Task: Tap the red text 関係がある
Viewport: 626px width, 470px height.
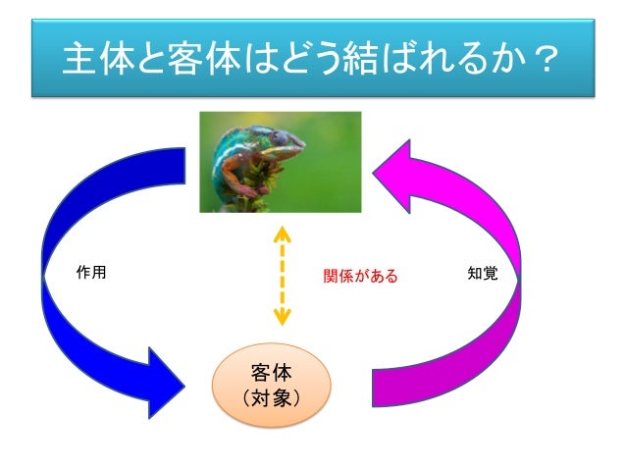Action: click(x=361, y=276)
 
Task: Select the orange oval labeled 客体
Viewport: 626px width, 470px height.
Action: click(x=272, y=386)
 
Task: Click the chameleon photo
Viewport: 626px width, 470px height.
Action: click(x=280, y=161)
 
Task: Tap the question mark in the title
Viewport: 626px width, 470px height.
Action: click(x=555, y=62)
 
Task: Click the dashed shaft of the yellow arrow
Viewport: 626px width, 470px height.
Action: click(x=282, y=276)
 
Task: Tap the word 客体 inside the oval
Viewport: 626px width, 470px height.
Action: click(x=272, y=371)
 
